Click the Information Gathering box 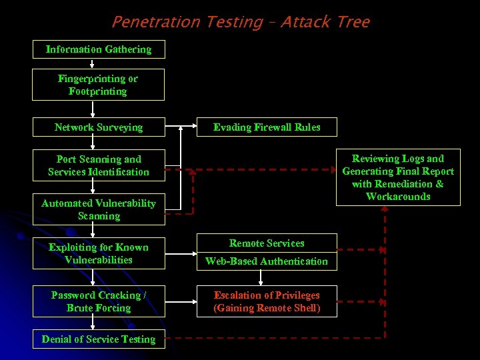tap(99, 49)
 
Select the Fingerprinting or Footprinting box tap(99, 85)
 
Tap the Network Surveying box tap(99, 127)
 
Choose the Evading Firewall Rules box tap(267, 127)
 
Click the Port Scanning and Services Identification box tap(99, 165)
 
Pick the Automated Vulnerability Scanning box tap(99, 209)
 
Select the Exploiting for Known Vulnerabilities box tap(99, 253)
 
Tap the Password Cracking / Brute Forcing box tap(99, 301)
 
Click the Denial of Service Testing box tap(99, 339)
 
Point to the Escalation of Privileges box tap(267, 301)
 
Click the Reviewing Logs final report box tap(398, 177)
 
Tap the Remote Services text tap(267, 243)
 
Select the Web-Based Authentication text tap(267, 261)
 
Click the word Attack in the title tap(305, 22)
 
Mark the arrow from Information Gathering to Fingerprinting tap(92, 64)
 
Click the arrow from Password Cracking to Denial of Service tap(92, 323)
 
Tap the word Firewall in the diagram tap(274, 127)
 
